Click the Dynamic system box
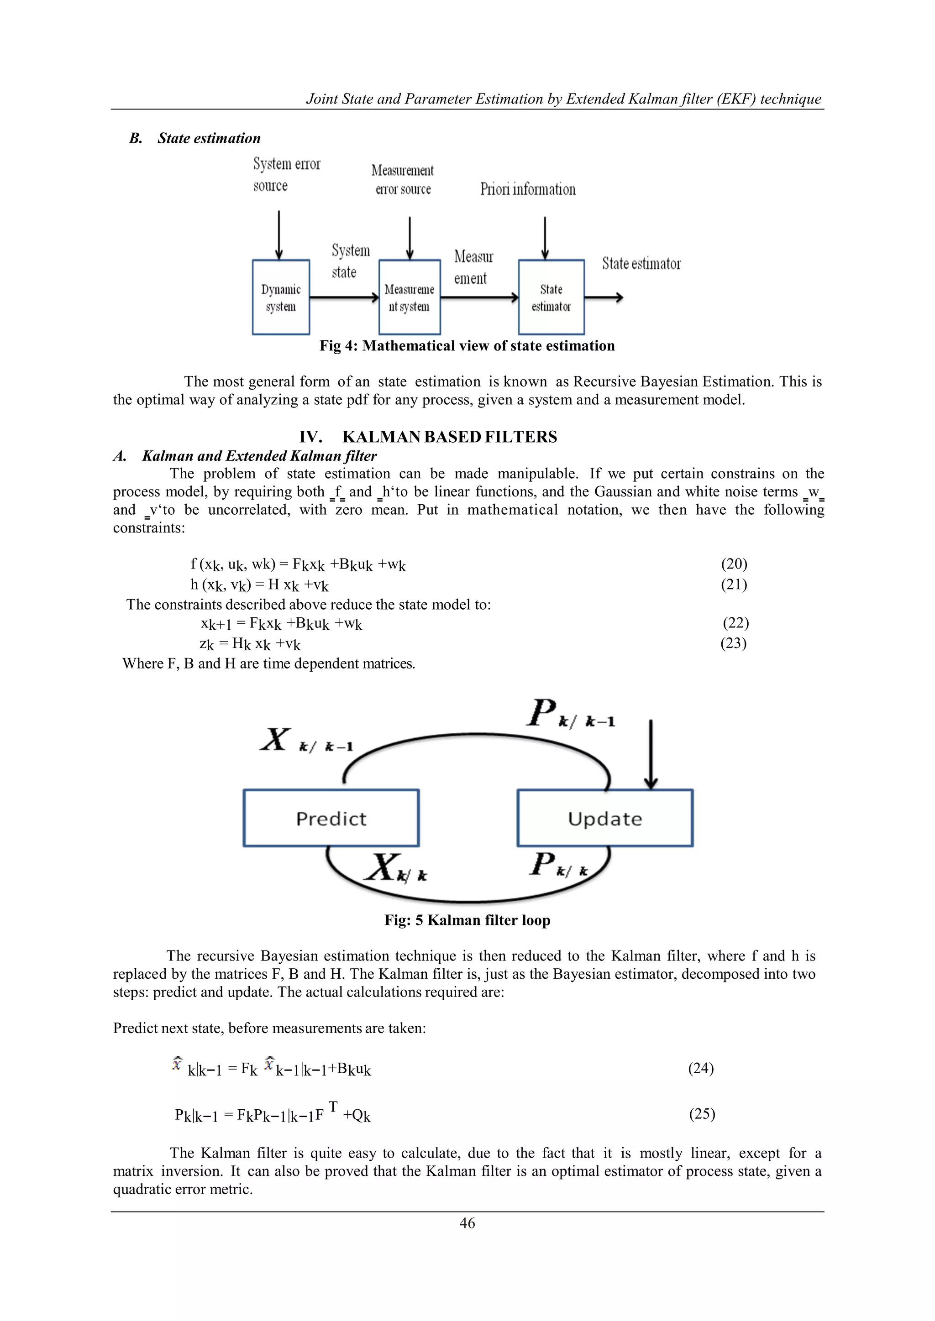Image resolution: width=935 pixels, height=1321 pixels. point(281,298)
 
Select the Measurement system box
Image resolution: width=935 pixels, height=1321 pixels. point(410,298)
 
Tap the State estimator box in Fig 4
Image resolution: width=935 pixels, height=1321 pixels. point(551,298)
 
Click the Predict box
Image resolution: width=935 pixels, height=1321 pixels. point(331,818)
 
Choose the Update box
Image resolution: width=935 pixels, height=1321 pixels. point(604,818)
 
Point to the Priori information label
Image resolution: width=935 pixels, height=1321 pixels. point(528,189)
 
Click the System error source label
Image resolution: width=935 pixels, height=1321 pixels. point(286,174)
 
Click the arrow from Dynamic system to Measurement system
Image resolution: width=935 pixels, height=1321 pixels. point(344,298)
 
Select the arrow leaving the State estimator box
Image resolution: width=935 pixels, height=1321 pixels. point(604,298)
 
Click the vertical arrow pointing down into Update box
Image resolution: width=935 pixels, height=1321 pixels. point(651,754)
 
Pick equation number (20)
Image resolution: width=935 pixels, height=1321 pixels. point(734,564)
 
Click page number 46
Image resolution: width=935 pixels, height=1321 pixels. point(467,1223)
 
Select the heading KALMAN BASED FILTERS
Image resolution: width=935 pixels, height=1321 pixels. point(449,437)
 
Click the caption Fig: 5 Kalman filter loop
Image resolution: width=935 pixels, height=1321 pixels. point(467,920)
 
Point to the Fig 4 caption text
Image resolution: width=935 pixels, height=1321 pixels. point(467,346)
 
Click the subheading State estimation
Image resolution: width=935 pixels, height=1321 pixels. point(209,138)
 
